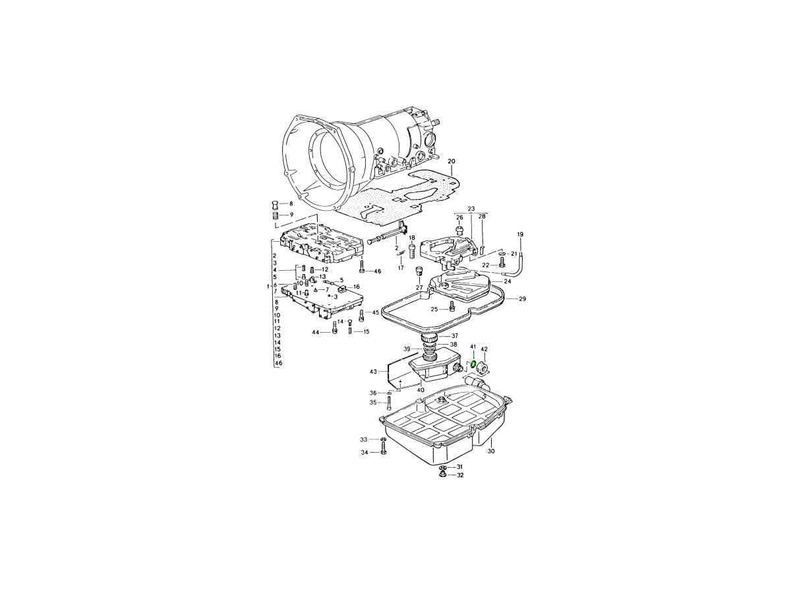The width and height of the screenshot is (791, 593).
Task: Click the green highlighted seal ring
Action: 472,364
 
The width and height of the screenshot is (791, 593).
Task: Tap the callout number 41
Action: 473,347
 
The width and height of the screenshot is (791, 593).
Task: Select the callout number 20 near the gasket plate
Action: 451,161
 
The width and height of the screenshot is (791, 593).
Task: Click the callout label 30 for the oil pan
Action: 491,451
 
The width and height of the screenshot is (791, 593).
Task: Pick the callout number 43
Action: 373,372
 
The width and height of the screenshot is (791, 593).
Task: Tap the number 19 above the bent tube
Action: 520,235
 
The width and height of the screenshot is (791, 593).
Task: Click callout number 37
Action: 454,335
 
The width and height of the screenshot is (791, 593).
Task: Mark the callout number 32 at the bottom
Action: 460,475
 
